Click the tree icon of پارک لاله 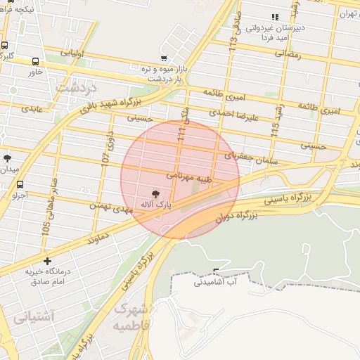coord(155,193)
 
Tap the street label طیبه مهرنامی coord(186,174)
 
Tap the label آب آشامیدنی coord(216,283)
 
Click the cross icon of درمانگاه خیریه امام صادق coord(47,261)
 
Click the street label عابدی coord(32,109)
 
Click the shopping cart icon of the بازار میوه coord(164,58)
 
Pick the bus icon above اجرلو coord(19,185)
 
